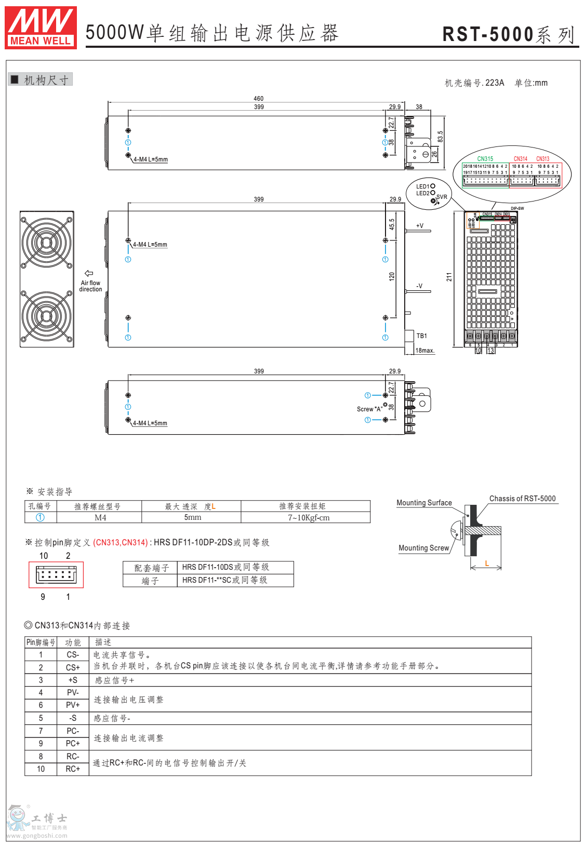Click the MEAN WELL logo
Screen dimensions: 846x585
pyautogui.click(x=41, y=28)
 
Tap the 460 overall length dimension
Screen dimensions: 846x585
pyautogui.click(x=258, y=99)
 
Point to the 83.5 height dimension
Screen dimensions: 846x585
pyautogui.click(x=440, y=136)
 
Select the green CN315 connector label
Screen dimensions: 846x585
pyautogui.click(x=485, y=159)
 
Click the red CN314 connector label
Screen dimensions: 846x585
pyautogui.click(x=520, y=159)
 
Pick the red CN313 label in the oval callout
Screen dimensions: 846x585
pyautogui.click(x=542, y=159)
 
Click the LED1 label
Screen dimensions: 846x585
pyautogui.click(x=423, y=186)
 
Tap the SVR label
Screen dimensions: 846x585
pyautogui.click(x=442, y=197)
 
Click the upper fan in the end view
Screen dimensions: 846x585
pyautogui.click(x=47, y=242)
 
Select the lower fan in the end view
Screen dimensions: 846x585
pyautogui.click(x=47, y=316)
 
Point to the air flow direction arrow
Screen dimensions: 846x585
pyautogui.click(x=89, y=273)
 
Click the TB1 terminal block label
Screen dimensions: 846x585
pyautogui.click(x=421, y=336)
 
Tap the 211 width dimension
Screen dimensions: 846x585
pyautogui.click(x=449, y=277)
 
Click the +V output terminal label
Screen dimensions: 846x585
pyautogui.click(x=419, y=226)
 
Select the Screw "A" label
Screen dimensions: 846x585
pyautogui.click(x=369, y=409)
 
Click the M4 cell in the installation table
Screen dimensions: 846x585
pyautogui.click(x=100, y=518)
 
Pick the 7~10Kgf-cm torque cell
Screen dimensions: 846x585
pyautogui.click(x=309, y=518)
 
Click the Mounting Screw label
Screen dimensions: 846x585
pyautogui.click(x=423, y=548)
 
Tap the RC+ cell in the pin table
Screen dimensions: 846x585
pyautogui.click(x=73, y=769)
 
